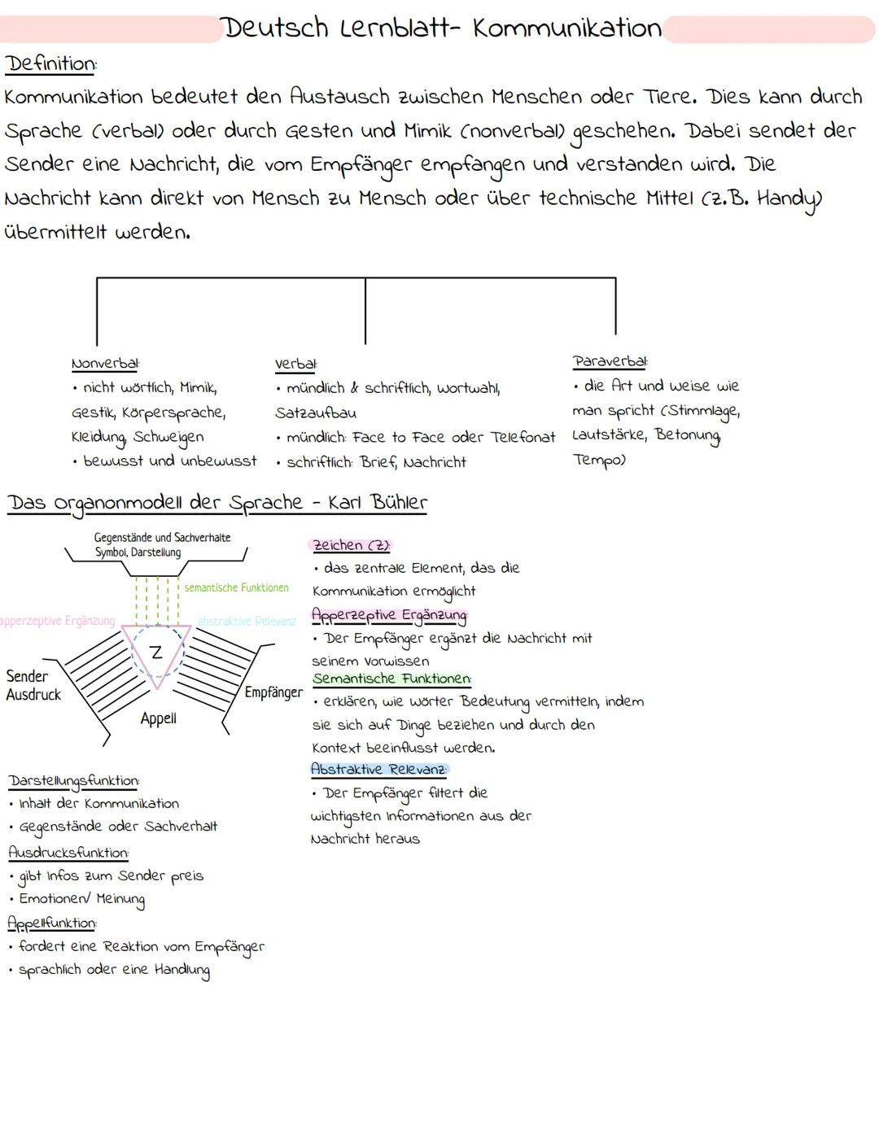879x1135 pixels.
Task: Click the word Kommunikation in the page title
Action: point(566,28)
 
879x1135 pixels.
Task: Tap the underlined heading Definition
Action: point(50,63)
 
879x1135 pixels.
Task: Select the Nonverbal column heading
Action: point(105,363)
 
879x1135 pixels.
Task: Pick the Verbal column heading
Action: point(295,364)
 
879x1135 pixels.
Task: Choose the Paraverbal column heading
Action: point(610,360)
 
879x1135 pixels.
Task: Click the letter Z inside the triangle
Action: point(156,651)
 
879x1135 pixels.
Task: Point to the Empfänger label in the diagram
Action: point(273,692)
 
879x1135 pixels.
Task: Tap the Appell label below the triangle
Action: point(158,718)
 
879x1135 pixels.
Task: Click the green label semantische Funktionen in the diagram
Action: point(236,587)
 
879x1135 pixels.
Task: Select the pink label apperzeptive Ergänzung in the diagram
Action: point(57,621)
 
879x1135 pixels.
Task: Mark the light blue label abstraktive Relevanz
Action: point(247,622)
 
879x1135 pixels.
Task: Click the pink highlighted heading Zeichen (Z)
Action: point(352,545)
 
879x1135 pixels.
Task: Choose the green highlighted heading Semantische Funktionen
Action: point(391,678)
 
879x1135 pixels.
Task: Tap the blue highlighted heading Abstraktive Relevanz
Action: point(378,769)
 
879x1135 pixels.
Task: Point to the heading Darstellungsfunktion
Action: point(74,781)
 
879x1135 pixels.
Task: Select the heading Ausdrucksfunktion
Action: point(68,853)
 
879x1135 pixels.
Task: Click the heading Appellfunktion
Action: point(52,923)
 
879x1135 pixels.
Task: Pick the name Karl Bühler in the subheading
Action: point(377,502)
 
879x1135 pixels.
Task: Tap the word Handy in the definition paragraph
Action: point(789,199)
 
